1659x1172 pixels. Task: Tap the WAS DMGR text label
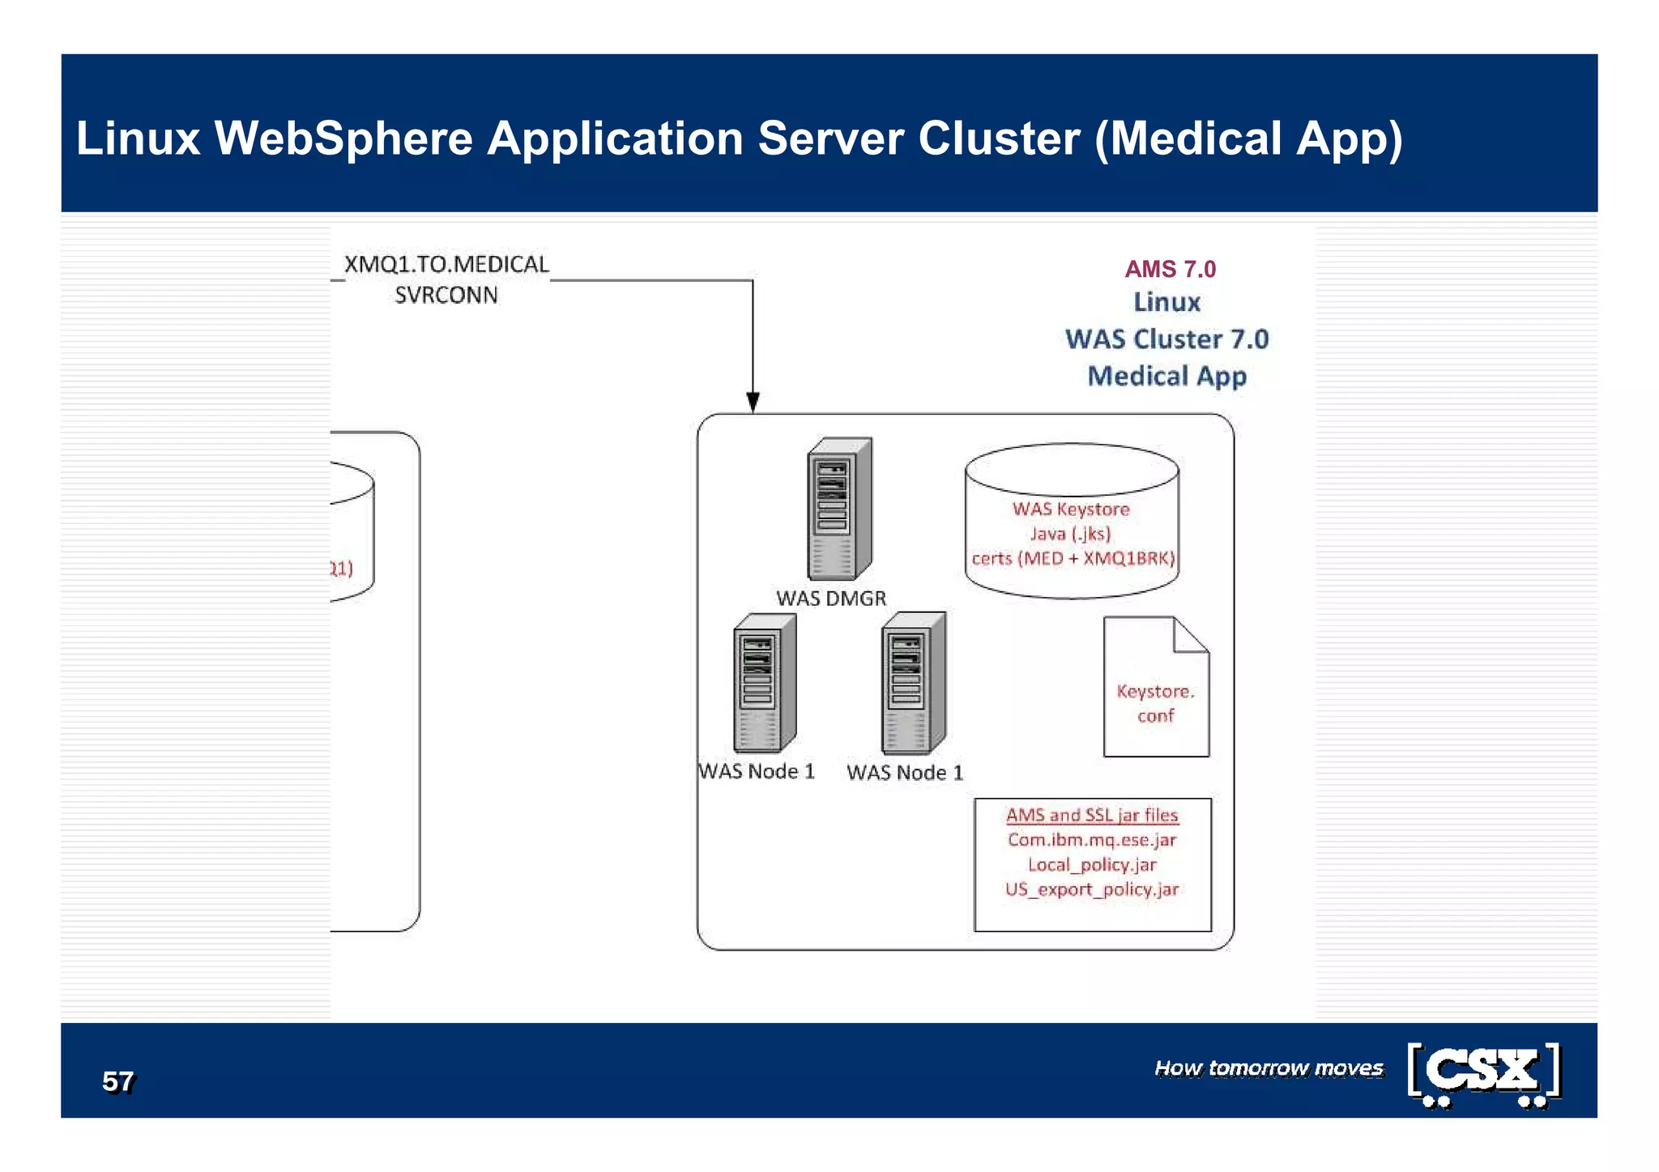click(831, 599)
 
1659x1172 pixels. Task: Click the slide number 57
click(118, 1081)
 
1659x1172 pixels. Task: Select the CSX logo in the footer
click(1484, 1074)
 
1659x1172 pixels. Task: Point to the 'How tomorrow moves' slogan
click(1269, 1068)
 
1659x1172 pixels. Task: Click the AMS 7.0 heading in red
click(1170, 269)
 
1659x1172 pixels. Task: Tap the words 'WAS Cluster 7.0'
click(1166, 339)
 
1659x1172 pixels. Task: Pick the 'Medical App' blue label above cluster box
click(1166, 376)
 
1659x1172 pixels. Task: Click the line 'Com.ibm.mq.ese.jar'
click(1092, 840)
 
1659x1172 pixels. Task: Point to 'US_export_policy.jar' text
click(1092, 889)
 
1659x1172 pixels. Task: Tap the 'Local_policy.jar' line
click(1092, 865)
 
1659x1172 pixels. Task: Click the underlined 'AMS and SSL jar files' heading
click(1092, 816)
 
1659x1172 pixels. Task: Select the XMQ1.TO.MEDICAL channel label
click(446, 265)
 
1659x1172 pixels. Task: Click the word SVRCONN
click(446, 296)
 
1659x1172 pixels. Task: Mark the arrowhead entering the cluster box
click(753, 403)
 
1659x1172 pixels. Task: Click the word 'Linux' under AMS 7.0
click(1166, 302)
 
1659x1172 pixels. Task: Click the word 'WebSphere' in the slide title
click(343, 138)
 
